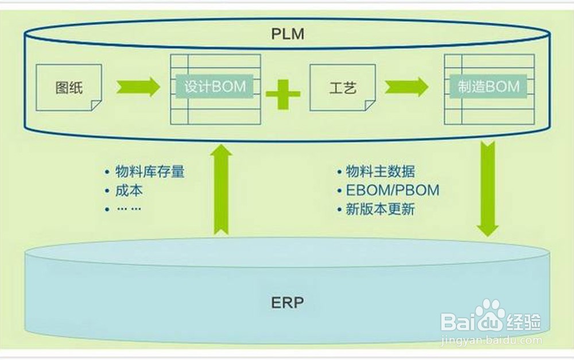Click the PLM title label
click(287, 33)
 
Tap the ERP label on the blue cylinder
click(287, 303)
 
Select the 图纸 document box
click(69, 87)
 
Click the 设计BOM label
click(215, 87)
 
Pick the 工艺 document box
click(343, 87)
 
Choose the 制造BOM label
click(489, 87)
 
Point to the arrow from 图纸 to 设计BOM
click(138, 87)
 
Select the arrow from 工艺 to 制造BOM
click(406, 87)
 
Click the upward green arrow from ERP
click(222, 189)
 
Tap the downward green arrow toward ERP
click(488, 189)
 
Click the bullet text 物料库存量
click(150, 172)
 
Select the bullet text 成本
click(129, 190)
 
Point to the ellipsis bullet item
click(129, 208)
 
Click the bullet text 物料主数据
click(380, 172)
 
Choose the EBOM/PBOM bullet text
click(392, 190)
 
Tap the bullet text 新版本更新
click(380, 208)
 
